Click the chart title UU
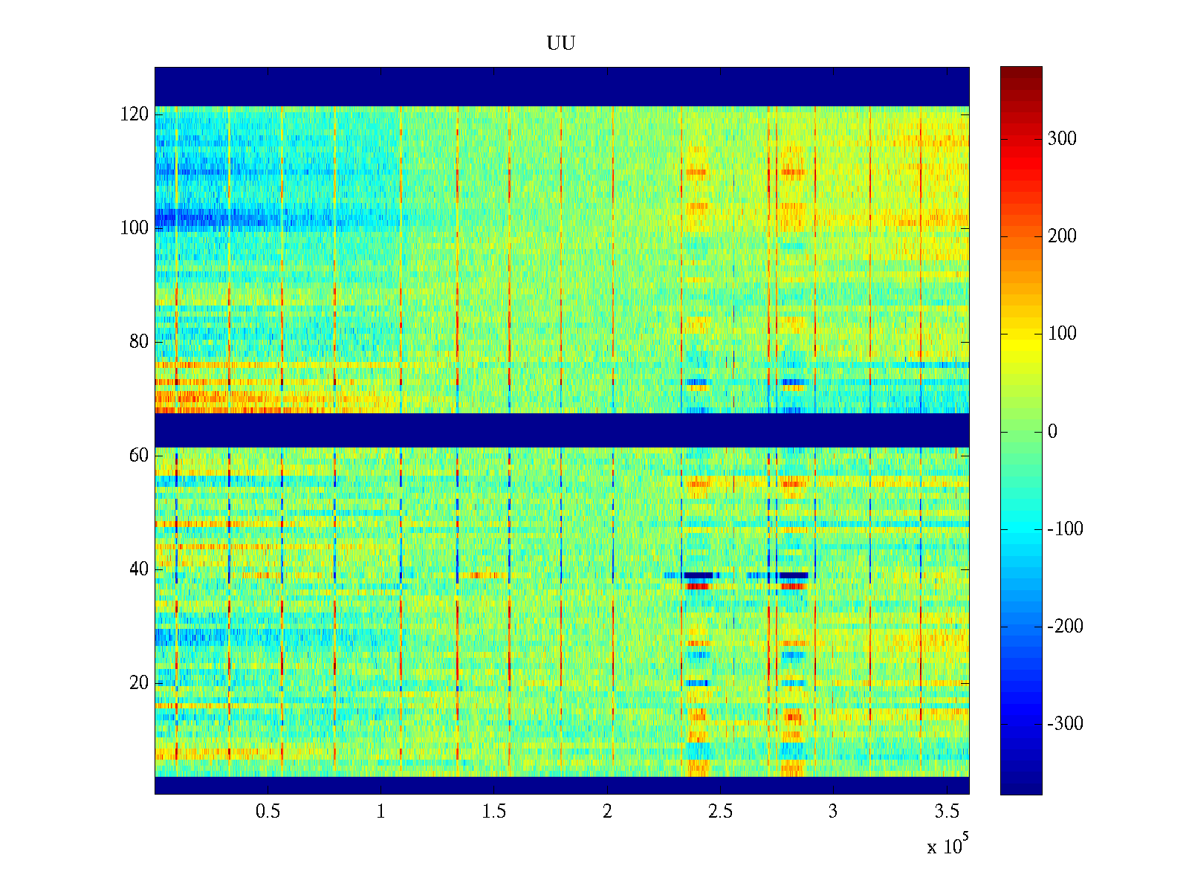click(561, 44)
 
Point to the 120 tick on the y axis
click(135, 114)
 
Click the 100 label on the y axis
click(135, 228)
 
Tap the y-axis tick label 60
click(139, 456)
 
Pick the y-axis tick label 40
click(139, 569)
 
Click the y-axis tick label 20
click(139, 683)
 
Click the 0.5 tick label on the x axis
click(268, 812)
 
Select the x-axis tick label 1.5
click(493, 812)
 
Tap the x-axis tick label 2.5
click(720, 812)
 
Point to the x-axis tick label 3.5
click(946, 812)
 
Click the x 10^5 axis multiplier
click(946, 846)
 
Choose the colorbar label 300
click(1062, 139)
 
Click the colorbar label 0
click(1052, 432)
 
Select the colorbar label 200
click(1062, 236)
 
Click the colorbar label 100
click(1062, 334)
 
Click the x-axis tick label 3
click(833, 812)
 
